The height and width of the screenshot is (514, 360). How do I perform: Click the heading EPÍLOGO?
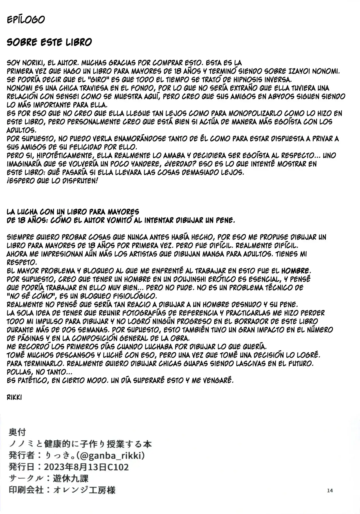(26, 20)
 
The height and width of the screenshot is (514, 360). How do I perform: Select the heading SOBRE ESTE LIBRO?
(49, 42)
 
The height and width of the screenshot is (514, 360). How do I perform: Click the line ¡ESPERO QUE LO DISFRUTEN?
(52, 181)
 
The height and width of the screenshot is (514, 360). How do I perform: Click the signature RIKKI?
(14, 397)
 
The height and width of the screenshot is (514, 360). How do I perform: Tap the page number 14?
(330, 490)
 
